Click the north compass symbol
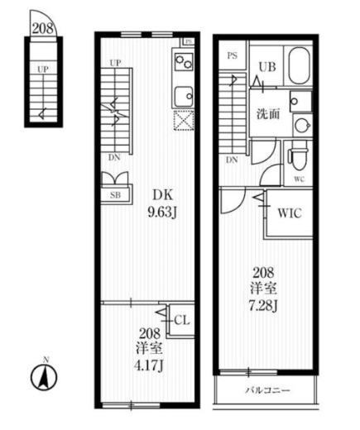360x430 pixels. click(44, 376)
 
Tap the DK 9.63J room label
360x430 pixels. click(162, 203)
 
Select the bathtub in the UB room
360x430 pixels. click(299, 66)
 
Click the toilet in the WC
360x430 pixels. click(298, 160)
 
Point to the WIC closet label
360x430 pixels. click(290, 213)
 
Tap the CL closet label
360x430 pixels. click(182, 320)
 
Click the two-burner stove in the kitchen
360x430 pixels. click(184, 62)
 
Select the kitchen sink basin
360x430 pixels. click(184, 97)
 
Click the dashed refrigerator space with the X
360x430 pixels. click(184, 120)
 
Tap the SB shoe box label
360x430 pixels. click(115, 195)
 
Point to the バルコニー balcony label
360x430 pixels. click(268, 390)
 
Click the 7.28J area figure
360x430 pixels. click(263, 306)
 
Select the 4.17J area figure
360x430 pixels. click(149, 365)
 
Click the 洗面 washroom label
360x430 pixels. click(268, 114)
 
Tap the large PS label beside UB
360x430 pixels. click(233, 55)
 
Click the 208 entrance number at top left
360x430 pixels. click(43, 28)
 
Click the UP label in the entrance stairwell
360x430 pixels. click(42, 69)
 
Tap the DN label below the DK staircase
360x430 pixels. click(114, 158)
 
